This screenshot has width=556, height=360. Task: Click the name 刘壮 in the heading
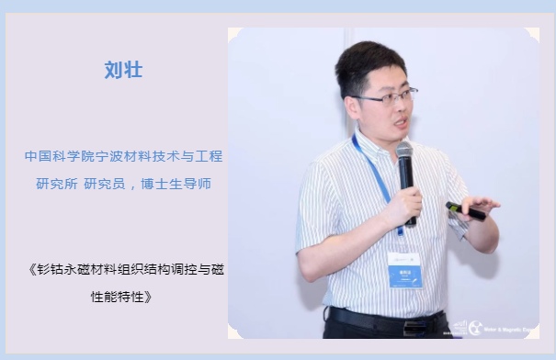tap(123, 71)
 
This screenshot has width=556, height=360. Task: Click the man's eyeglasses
tap(385, 96)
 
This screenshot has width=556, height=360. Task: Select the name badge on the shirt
tap(404, 270)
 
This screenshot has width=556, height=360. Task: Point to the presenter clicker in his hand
tap(466, 210)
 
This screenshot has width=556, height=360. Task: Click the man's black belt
tap(386, 321)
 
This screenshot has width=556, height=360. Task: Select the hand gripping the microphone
tap(403, 207)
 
